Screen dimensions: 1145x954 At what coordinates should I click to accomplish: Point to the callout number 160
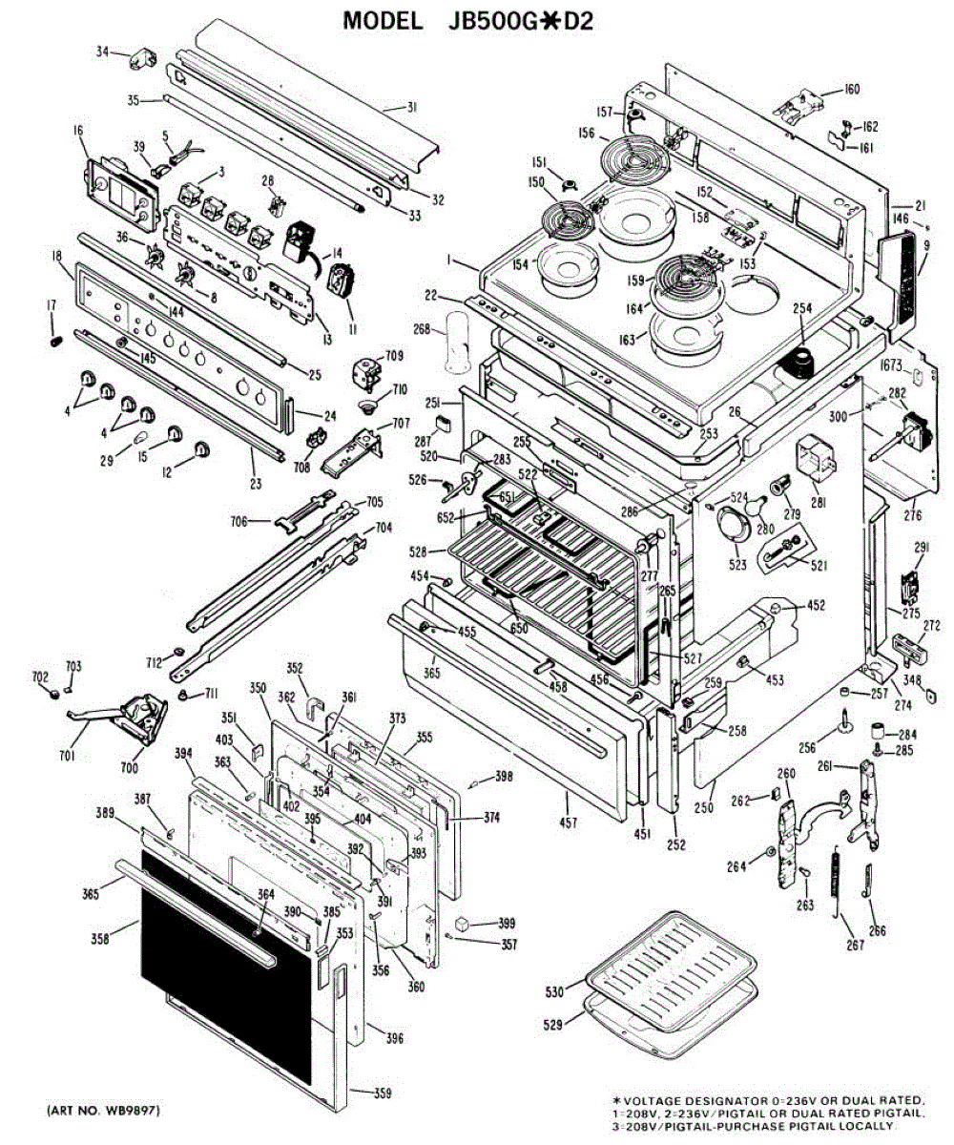point(851,91)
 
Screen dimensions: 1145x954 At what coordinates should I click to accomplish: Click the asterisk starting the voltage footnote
point(617,1100)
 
